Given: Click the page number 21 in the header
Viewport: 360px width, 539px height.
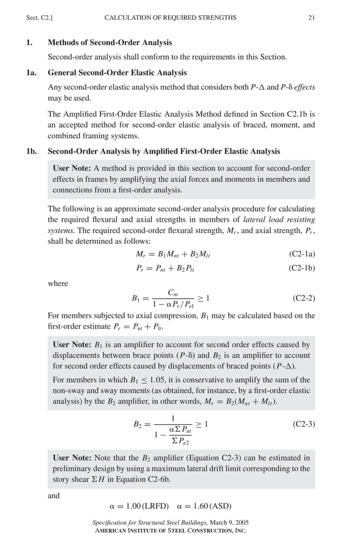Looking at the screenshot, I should [311, 18].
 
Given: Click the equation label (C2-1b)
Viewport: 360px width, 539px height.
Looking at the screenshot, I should [301, 269].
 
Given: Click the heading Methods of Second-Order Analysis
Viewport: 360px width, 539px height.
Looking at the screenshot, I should [110, 42].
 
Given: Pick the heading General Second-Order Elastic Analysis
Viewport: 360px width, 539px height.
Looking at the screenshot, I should [117, 73].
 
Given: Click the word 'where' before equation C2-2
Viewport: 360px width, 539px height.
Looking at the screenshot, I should [58, 283].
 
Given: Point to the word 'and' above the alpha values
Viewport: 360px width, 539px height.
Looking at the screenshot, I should [54, 496].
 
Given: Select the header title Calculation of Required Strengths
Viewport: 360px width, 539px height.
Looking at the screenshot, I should [170, 18].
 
